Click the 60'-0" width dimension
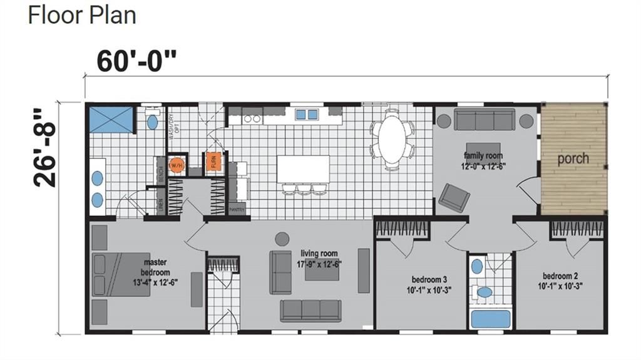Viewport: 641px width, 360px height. click(137, 61)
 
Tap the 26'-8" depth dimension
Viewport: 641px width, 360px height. click(46, 148)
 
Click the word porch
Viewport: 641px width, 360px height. click(573, 158)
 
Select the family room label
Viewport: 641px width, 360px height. click(483, 160)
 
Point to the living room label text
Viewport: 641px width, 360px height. click(319, 258)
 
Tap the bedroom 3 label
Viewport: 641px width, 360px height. click(429, 284)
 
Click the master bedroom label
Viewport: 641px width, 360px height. click(155, 273)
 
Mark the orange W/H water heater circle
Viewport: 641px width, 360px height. click(176, 165)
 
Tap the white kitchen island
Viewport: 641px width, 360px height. click(303, 169)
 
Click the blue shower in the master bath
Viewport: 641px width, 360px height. click(111, 119)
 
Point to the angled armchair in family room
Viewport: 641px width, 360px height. click(454, 198)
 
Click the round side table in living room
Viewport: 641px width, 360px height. click(282, 239)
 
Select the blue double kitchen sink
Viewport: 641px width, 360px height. click(306, 114)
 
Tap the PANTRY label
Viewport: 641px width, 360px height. click(237, 210)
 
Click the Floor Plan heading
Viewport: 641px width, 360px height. click(82, 15)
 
